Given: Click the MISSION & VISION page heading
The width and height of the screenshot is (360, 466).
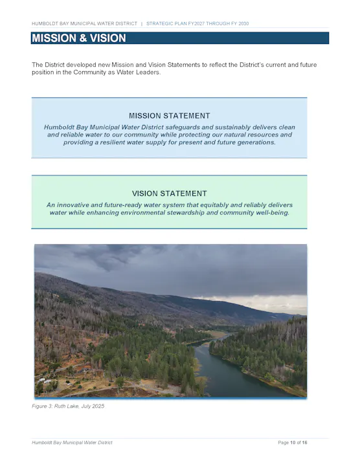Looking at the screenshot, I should tap(79, 38).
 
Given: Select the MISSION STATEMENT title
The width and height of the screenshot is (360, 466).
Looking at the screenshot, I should tap(169, 116).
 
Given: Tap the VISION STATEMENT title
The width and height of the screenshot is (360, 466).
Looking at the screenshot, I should tap(169, 194).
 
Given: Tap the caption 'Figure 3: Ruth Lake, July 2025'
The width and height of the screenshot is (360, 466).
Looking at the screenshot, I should tap(68, 406).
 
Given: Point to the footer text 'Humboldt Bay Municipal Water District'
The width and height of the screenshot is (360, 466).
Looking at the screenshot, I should tap(72, 443).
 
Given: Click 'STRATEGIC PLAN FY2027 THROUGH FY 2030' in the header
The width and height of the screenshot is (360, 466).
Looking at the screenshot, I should tap(197, 23).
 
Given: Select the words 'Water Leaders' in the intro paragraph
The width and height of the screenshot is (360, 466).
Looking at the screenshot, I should tap(139, 72).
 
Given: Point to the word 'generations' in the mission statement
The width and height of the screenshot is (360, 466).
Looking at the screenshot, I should tap(253, 142).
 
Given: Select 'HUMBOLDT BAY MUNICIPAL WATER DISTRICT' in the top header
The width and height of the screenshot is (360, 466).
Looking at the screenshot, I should tap(84, 23).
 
